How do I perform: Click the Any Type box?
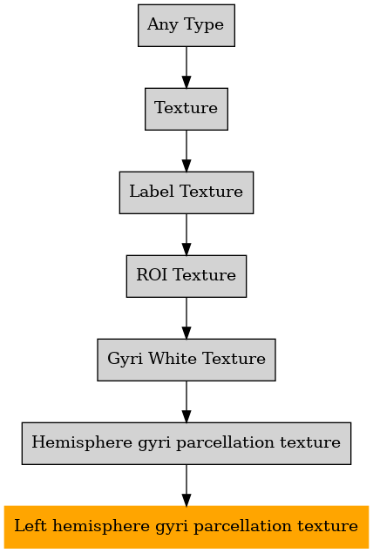(x=186, y=25)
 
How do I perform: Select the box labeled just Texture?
(x=186, y=109)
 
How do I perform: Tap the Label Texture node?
(x=186, y=192)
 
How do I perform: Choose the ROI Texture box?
(x=186, y=276)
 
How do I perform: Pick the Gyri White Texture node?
(x=186, y=360)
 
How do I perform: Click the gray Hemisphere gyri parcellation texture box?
(x=186, y=443)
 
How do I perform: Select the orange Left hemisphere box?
(x=186, y=527)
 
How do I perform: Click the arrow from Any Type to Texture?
(x=186, y=67)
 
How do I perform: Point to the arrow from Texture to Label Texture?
(x=186, y=151)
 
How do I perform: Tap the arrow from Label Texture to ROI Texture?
(x=186, y=234)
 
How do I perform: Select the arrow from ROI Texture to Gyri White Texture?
(x=186, y=318)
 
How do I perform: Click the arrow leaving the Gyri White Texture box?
(x=186, y=401)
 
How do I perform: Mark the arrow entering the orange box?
(x=186, y=485)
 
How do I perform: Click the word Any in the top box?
(x=163, y=25)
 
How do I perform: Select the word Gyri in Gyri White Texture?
(x=125, y=360)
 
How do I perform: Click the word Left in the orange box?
(x=31, y=526)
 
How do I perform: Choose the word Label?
(x=152, y=191)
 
